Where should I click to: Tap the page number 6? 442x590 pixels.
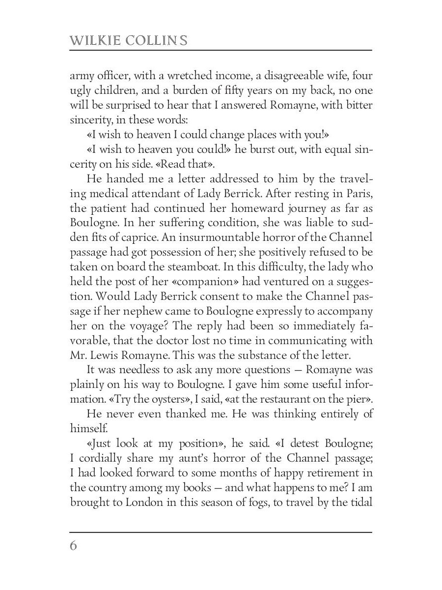click(x=74, y=546)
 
